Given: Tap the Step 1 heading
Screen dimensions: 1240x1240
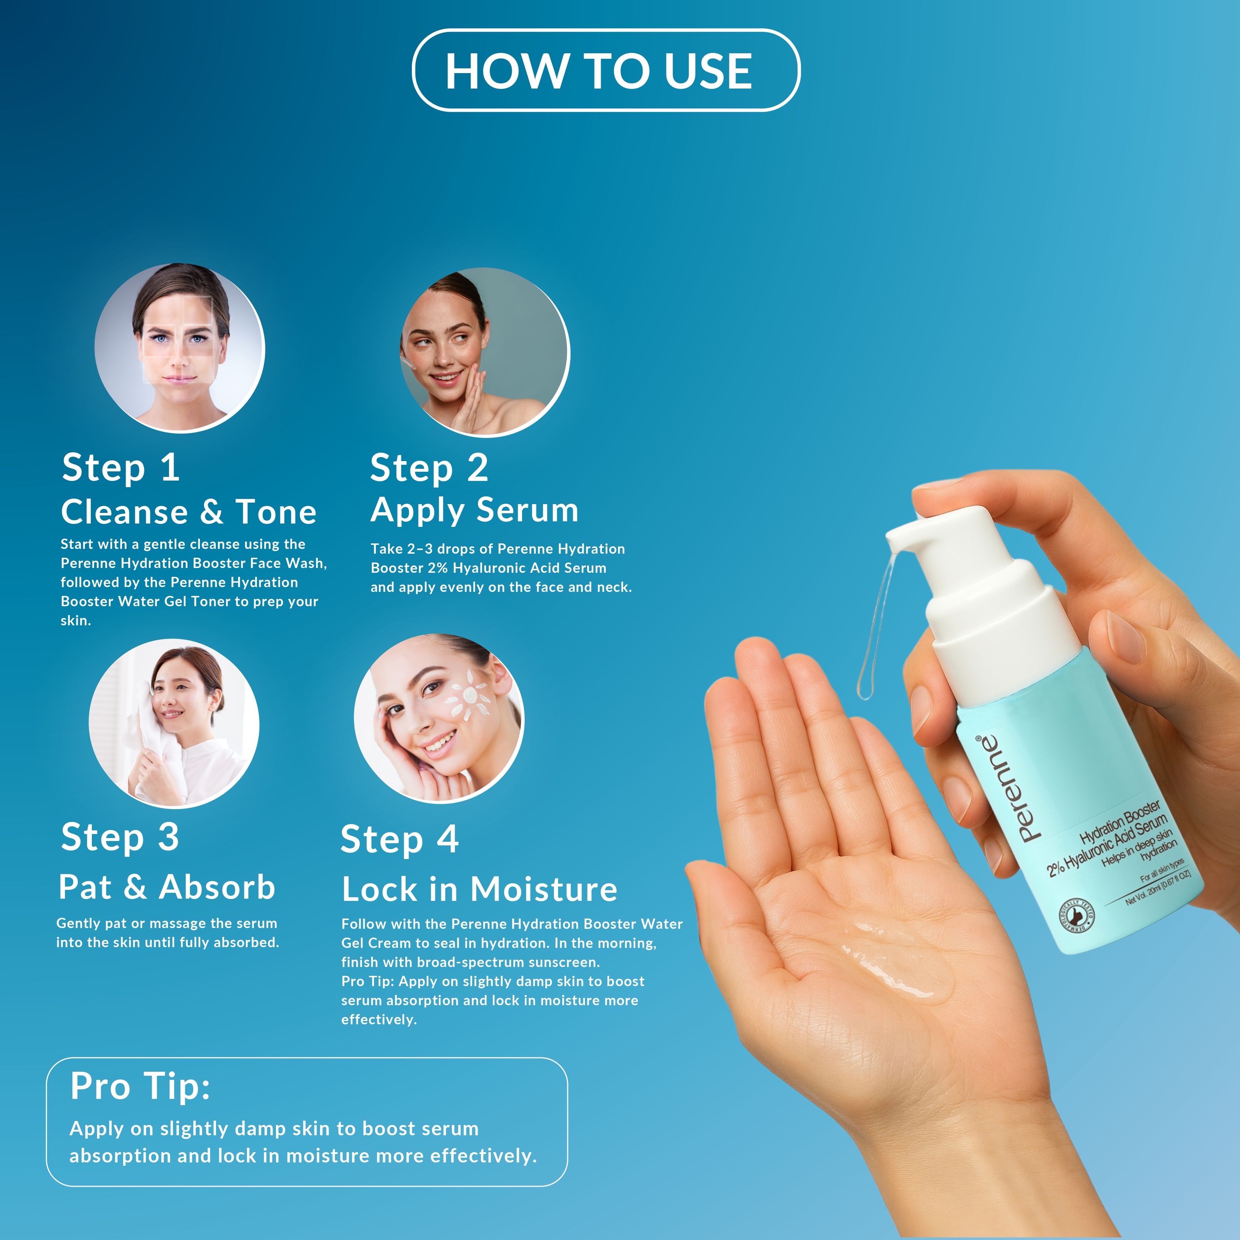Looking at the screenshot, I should click(x=121, y=467).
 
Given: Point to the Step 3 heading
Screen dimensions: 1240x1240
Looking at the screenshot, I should click(x=120, y=838).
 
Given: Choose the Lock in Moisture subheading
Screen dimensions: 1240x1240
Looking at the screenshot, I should click(x=479, y=889).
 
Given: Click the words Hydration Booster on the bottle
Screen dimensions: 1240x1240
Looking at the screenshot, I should click(x=1120, y=823).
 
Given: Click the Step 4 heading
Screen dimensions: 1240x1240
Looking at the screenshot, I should click(x=399, y=840).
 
